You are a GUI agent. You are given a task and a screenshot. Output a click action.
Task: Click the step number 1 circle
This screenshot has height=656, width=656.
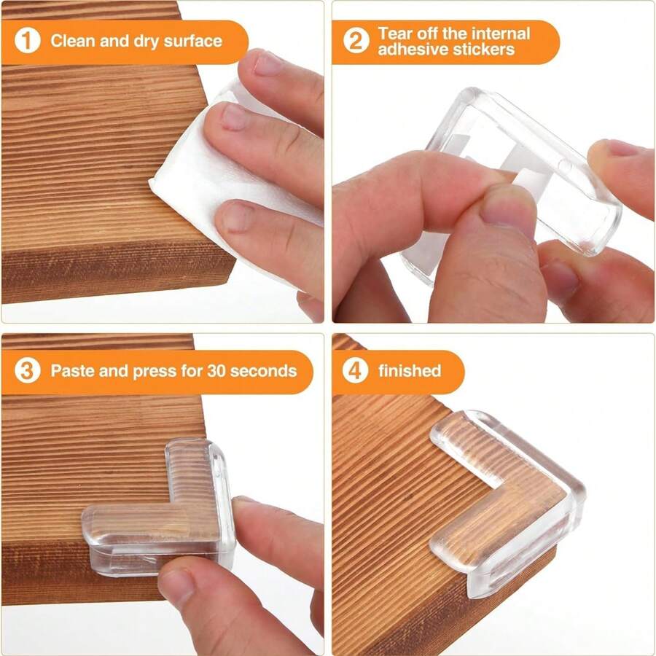28,41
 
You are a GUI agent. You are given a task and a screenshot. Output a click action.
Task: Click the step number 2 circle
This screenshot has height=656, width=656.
356,41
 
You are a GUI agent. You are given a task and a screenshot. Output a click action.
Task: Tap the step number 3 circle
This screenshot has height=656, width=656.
28,371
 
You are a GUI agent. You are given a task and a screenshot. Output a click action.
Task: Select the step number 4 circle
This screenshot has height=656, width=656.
356,371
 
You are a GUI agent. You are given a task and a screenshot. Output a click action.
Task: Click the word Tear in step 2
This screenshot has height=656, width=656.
394,34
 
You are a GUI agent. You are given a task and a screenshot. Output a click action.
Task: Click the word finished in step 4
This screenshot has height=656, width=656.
410,371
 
